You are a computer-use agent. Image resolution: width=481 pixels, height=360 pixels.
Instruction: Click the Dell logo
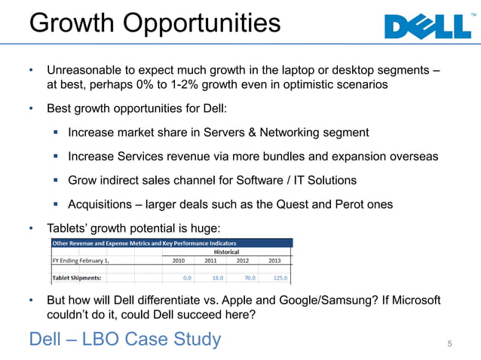pos(427,26)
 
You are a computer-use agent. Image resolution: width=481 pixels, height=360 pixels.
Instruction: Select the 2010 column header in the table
pos(178,261)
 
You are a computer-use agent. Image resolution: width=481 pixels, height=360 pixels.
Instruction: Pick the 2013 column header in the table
pos(274,261)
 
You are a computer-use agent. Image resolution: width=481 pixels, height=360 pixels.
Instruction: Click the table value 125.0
pos(280,278)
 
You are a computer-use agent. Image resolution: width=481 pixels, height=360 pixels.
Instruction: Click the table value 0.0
pos(186,278)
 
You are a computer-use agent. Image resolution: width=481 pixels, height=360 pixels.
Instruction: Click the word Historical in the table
pos(227,252)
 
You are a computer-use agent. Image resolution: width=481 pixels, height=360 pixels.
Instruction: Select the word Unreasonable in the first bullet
pos(85,71)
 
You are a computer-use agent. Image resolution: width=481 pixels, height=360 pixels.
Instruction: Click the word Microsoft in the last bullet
pos(414,301)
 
